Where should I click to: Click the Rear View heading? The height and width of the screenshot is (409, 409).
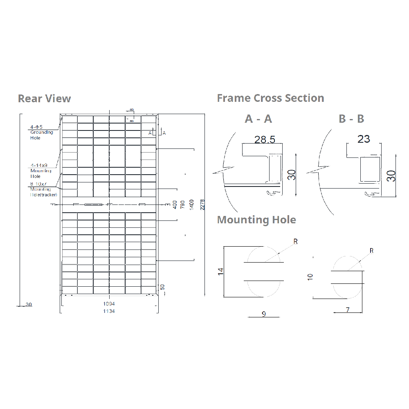click(x=44, y=99)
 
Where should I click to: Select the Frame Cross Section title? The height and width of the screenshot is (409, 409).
click(x=270, y=98)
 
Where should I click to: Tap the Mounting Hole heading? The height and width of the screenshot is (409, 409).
click(x=256, y=220)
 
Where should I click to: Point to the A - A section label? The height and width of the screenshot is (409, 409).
click(x=258, y=119)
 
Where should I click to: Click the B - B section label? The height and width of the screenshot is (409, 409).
click(x=351, y=119)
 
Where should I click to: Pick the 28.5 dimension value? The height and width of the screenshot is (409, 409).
click(x=265, y=139)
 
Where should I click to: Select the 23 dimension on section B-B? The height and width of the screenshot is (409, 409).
click(x=364, y=139)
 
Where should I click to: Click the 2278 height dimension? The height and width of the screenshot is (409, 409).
click(x=202, y=204)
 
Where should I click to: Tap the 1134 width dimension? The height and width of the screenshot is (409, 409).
click(x=109, y=311)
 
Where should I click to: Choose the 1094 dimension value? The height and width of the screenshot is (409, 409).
click(x=109, y=304)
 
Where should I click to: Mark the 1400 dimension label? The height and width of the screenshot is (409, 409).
click(x=192, y=204)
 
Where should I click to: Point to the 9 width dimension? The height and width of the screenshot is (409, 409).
click(x=264, y=314)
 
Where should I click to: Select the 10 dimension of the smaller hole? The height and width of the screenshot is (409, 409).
click(x=310, y=276)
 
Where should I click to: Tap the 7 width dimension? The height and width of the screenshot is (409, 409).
click(x=348, y=310)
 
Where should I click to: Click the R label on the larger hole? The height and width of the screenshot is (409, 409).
click(x=295, y=242)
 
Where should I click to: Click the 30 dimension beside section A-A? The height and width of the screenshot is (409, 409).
click(x=291, y=175)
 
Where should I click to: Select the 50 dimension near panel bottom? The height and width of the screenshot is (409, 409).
click(x=162, y=288)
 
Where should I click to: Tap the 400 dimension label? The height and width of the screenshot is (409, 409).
click(x=175, y=204)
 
